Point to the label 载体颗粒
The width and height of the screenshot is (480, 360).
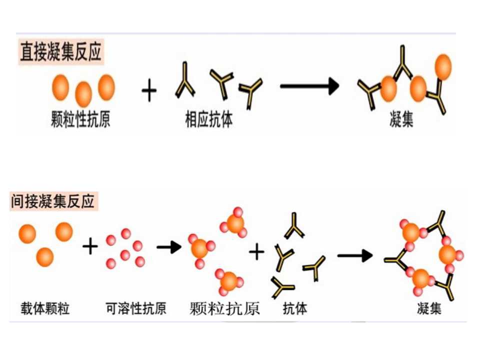click(x=45, y=308)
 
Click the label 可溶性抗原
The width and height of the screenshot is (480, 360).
click(x=136, y=308)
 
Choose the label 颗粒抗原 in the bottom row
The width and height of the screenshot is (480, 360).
click(x=225, y=309)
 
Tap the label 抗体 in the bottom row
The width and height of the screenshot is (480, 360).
click(x=295, y=308)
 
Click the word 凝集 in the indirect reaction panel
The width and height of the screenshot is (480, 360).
click(x=429, y=308)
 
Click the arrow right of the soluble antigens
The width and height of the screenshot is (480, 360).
click(x=168, y=247)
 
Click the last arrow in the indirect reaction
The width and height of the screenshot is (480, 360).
click(x=355, y=256)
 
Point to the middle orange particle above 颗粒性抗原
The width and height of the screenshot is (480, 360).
click(x=83, y=93)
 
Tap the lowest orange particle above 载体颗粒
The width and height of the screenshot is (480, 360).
click(x=44, y=257)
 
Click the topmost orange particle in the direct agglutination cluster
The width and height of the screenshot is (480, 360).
click(x=443, y=65)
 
